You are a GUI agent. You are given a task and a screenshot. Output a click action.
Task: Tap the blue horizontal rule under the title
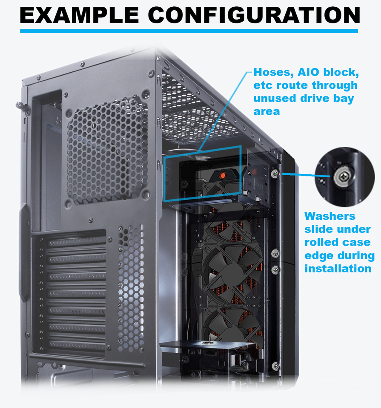click(189, 31)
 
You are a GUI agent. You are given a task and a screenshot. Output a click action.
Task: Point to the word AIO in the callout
click(315, 72)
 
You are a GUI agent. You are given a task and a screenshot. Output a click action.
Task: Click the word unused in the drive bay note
click(274, 99)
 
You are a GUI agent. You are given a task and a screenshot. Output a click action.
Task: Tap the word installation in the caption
click(338, 269)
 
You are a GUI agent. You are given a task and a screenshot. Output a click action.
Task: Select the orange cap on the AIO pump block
click(221, 175)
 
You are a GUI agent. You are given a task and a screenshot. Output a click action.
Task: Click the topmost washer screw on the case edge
click(275, 174)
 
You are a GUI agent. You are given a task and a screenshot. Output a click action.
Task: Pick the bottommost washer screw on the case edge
click(275, 366)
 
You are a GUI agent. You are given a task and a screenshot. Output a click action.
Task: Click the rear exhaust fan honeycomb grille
click(107, 150)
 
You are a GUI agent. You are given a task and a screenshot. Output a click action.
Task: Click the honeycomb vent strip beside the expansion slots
click(130, 289)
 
